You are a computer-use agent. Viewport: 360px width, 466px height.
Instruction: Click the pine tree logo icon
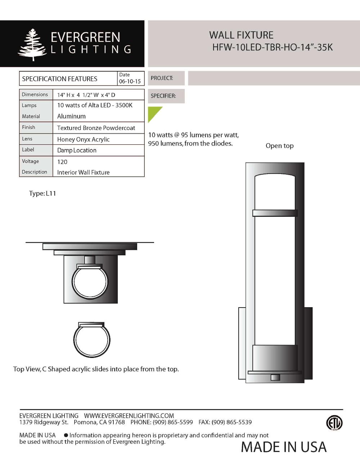tap(32, 44)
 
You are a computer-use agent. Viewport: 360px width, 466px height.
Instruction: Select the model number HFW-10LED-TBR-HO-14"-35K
tap(272, 48)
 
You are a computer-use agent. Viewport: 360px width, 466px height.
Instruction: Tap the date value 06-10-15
tap(130, 81)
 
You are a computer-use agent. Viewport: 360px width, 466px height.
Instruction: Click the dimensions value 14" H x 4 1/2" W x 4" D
tap(86, 95)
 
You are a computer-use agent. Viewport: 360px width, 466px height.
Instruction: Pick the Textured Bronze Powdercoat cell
tap(96, 128)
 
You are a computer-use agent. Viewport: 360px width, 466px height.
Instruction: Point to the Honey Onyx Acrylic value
tap(83, 139)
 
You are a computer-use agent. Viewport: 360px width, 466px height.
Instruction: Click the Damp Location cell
tap(77, 151)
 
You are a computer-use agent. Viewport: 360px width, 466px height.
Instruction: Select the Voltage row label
tap(30, 161)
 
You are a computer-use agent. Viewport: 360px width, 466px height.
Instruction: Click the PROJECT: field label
tap(162, 78)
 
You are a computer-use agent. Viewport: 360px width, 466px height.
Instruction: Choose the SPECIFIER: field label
tap(163, 96)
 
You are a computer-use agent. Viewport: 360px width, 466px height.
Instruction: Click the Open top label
tap(279, 146)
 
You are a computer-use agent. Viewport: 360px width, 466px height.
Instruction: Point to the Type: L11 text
tap(42, 193)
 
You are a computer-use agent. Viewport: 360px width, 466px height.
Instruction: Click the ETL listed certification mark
tap(334, 423)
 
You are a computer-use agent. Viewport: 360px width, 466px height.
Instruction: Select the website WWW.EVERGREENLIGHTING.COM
tap(129, 416)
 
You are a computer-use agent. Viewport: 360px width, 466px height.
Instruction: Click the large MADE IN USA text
tap(283, 447)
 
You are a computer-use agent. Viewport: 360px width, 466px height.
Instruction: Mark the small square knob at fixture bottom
tap(275, 377)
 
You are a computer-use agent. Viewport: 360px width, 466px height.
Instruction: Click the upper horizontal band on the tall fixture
tap(275, 213)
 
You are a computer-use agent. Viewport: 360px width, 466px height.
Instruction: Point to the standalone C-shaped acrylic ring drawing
tap(91, 340)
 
